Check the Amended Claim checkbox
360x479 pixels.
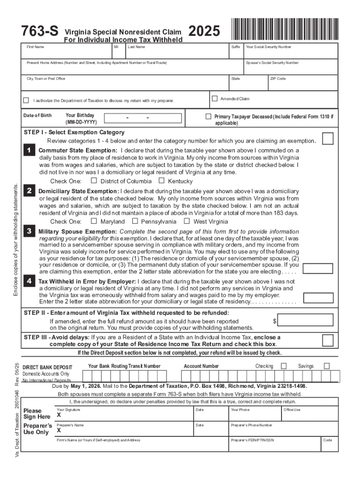[215, 98]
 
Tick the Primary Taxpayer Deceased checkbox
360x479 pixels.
[209, 116]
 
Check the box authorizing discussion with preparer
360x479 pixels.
[26, 101]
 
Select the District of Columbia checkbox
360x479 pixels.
[94, 181]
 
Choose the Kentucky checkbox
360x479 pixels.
[161, 181]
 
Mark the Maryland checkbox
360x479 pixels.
[94, 221]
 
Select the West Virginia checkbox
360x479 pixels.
[187, 221]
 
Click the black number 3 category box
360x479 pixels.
[29, 231]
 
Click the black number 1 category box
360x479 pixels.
[29, 150]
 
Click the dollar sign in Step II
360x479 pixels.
[274, 321]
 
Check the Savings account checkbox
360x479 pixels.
[327, 366]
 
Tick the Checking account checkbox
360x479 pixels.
[283, 366]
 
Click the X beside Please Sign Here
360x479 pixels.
[59, 415]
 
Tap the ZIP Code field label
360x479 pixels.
[278, 79]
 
